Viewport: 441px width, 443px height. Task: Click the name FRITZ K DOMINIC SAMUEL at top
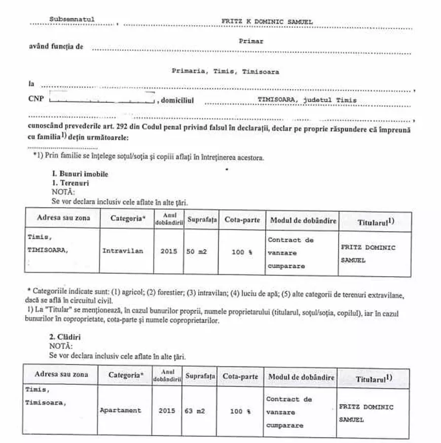coord(267,22)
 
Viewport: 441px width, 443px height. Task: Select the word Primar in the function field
coord(251,42)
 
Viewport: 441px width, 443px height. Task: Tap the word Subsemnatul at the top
coord(72,20)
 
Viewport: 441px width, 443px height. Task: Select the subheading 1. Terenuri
coord(70,182)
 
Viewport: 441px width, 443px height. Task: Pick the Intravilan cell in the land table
coord(123,251)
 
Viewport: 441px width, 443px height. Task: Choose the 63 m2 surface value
coord(194,411)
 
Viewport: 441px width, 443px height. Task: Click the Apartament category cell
coord(121,411)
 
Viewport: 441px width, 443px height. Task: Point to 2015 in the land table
coord(168,251)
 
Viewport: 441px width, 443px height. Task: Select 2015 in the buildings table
coord(167,411)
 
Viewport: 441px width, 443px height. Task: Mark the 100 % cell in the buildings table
coord(240,411)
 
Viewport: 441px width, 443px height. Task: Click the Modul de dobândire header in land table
coord(303,220)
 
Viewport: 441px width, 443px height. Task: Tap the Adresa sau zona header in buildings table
coord(61,375)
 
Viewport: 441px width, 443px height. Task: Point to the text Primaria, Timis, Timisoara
coord(225,72)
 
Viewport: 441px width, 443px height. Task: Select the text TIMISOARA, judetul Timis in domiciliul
coord(307,100)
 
